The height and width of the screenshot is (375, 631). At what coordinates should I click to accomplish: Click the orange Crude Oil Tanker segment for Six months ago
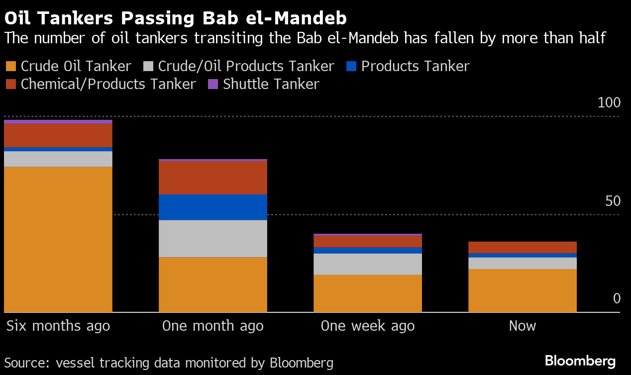pos(58,239)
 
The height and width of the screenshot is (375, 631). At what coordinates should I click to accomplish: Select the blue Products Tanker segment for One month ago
pos(213,207)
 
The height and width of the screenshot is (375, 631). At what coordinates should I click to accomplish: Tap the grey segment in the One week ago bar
pos(368,264)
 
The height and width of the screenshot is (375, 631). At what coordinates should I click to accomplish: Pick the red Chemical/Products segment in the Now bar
pos(523,247)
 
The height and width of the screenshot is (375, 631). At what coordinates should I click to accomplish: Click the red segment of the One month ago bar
pos(213,178)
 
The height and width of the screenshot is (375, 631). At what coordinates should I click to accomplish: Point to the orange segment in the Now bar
pos(523,290)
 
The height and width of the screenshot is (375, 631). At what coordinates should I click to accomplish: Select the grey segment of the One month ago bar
pos(213,238)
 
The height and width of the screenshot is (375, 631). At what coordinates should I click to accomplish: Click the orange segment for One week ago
pos(368,293)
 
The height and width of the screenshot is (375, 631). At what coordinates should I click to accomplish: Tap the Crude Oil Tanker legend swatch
pos(10,67)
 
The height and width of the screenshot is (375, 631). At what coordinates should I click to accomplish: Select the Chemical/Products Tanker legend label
pos(108,84)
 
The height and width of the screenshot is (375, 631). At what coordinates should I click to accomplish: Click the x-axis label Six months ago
pos(58,326)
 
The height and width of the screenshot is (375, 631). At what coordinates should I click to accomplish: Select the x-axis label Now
pos(523,326)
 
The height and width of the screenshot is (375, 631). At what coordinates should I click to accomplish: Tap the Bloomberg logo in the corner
pos(580,361)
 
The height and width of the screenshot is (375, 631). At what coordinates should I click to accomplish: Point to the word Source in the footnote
pos(26,363)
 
